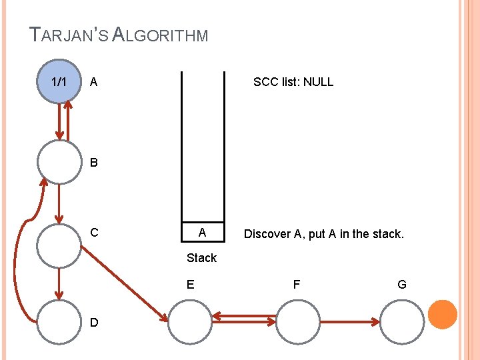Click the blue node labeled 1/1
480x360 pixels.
point(59,81)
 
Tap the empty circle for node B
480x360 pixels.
point(59,162)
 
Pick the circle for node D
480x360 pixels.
point(59,321)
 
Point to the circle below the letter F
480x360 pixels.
point(297,322)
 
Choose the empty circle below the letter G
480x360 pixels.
point(401,322)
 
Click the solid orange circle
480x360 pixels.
point(442,314)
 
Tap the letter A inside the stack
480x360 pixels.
point(202,233)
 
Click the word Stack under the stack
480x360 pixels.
point(201,257)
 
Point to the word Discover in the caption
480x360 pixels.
point(267,234)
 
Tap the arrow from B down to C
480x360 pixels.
point(59,203)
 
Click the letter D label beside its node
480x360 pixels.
point(94,323)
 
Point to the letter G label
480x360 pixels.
point(401,285)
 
